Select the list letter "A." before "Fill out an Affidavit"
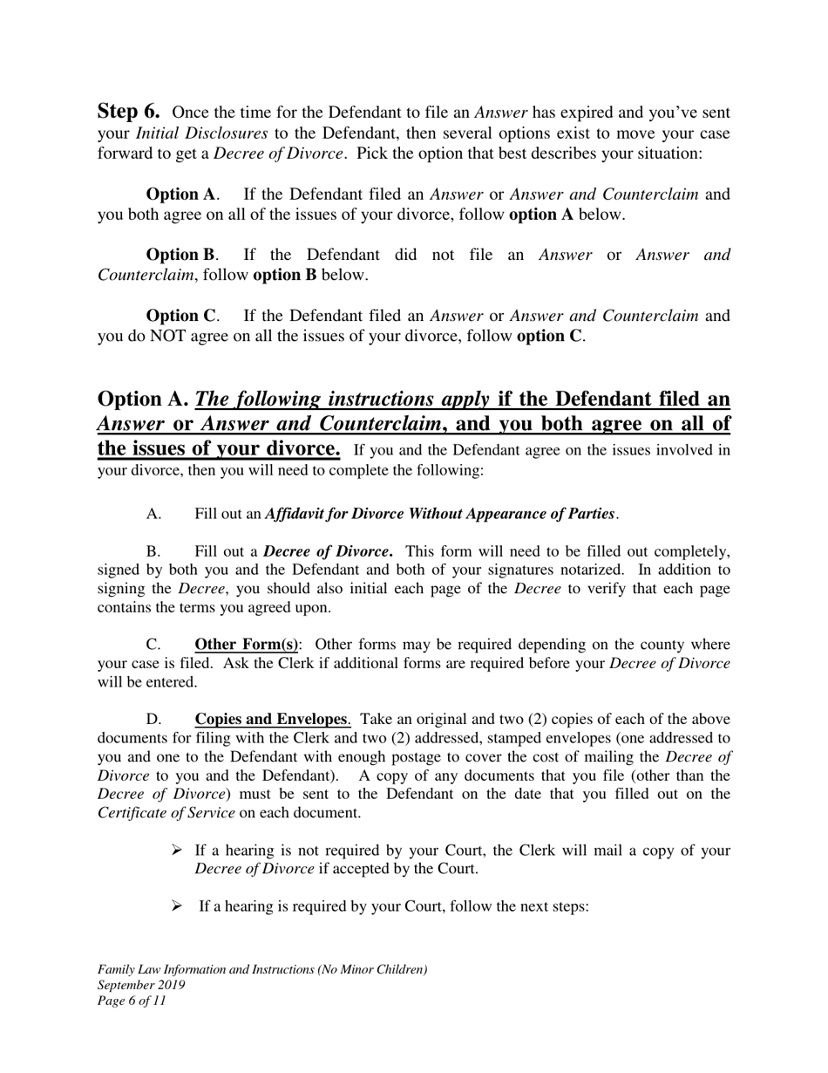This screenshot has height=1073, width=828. pos(154,514)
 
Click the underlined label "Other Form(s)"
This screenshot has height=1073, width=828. pos(246,645)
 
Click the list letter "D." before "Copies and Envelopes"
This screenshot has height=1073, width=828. pos(154,720)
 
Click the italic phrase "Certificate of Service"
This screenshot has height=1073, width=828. pos(166,812)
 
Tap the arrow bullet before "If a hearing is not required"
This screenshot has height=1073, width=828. pos(176,851)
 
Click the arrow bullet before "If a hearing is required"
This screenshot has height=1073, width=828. pos(176,906)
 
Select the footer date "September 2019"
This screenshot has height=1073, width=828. pos(141,985)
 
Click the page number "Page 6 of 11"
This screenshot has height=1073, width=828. pos(132,1001)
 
